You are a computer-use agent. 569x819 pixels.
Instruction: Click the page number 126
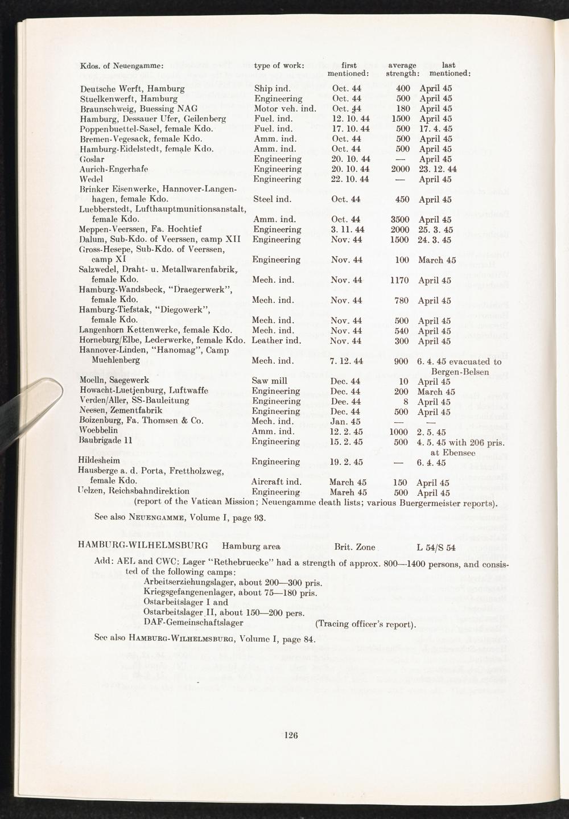[x=291, y=735]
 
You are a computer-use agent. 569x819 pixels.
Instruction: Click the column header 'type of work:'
[x=279, y=65]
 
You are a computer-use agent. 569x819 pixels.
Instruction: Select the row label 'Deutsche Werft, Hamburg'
[x=133, y=89]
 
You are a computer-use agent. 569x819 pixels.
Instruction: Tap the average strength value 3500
[x=400, y=219]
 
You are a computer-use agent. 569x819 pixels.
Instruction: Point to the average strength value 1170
[x=400, y=280]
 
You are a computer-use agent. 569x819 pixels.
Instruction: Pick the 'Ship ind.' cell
[x=272, y=89]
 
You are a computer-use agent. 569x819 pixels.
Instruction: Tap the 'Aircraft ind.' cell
[x=275, y=482]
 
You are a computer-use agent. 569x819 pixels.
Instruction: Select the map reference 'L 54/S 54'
[x=436, y=547]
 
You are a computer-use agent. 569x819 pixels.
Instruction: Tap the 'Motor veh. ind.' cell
[x=284, y=109]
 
